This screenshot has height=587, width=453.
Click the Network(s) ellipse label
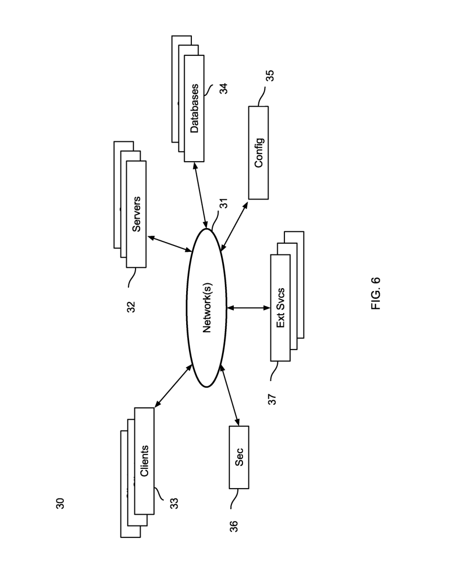coord(207,308)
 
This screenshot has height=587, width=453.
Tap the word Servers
coord(137,214)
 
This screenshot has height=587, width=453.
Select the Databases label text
coord(194,109)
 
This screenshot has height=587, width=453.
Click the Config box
coord(258,152)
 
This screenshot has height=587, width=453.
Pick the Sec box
coord(239,457)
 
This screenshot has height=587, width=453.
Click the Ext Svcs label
coord(280,308)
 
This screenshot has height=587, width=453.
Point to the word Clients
coord(144,461)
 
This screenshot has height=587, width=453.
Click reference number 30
coord(60,503)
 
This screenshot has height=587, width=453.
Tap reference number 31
coord(223,203)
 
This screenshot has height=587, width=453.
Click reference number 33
coord(174,503)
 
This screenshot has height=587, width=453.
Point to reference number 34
coord(223,88)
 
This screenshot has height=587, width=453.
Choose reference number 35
coord(270,76)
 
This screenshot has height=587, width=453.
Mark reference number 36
coord(234,526)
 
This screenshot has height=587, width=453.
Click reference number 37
coord(273,400)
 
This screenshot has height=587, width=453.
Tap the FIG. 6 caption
coord(376,293)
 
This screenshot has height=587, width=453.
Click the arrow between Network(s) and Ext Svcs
coord(248,308)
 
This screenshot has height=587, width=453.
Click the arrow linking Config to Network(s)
coord(234,227)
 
